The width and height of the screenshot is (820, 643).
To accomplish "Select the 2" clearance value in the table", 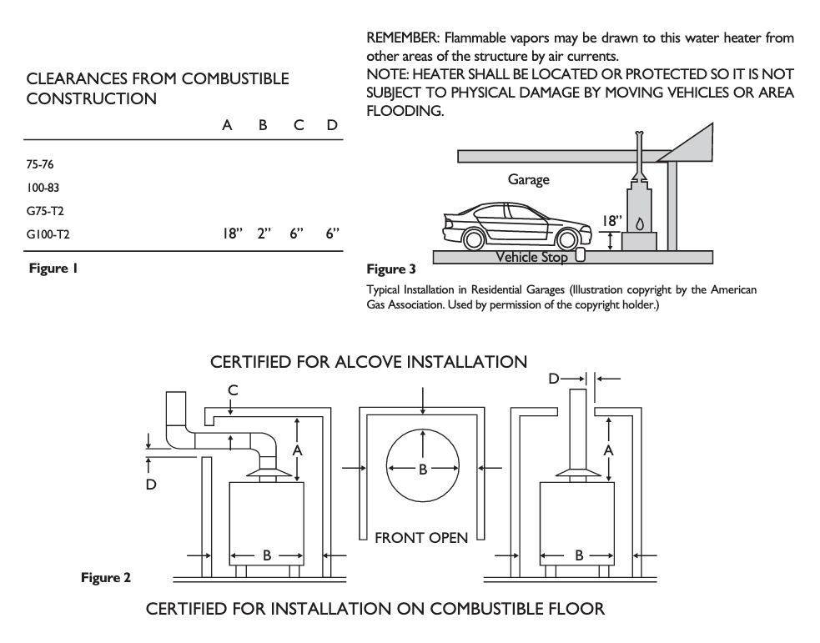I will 266,236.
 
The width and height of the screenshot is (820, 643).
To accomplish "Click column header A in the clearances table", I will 227,124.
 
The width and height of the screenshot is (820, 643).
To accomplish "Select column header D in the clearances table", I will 332,124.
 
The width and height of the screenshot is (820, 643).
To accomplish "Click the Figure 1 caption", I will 54,269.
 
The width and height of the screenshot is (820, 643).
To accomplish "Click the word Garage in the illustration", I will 529,179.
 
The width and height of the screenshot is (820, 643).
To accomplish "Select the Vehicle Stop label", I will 532,258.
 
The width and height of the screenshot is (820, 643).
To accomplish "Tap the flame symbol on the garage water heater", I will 639,224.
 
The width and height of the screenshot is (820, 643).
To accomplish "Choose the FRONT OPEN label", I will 421,538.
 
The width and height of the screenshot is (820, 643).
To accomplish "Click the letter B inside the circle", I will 423,469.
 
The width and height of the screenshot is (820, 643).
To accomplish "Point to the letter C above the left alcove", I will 234,389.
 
